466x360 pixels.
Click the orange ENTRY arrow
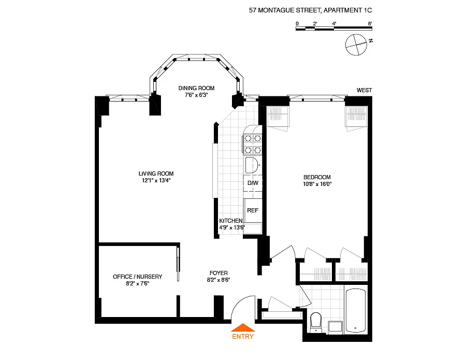point(243,327)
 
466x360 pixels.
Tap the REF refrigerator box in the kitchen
point(253,210)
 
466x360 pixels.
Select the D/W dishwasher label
point(253,183)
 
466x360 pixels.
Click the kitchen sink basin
point(252,165)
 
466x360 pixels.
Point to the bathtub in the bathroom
point(356,310)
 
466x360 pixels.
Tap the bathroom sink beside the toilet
point(336,327)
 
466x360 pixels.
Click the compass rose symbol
point(356,45)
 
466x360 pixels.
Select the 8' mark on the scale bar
point(370,23)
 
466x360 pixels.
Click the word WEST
point(365,90)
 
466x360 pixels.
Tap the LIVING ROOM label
point(156,174)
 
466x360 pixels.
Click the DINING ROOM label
point(196,88)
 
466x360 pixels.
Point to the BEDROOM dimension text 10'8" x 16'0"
point(317,184)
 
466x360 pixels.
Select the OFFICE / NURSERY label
point(138,277)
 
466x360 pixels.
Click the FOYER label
point(219,273)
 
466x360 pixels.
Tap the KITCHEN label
point(231,221)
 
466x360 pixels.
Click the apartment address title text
point(310,10)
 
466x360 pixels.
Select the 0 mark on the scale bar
point(297,23)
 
